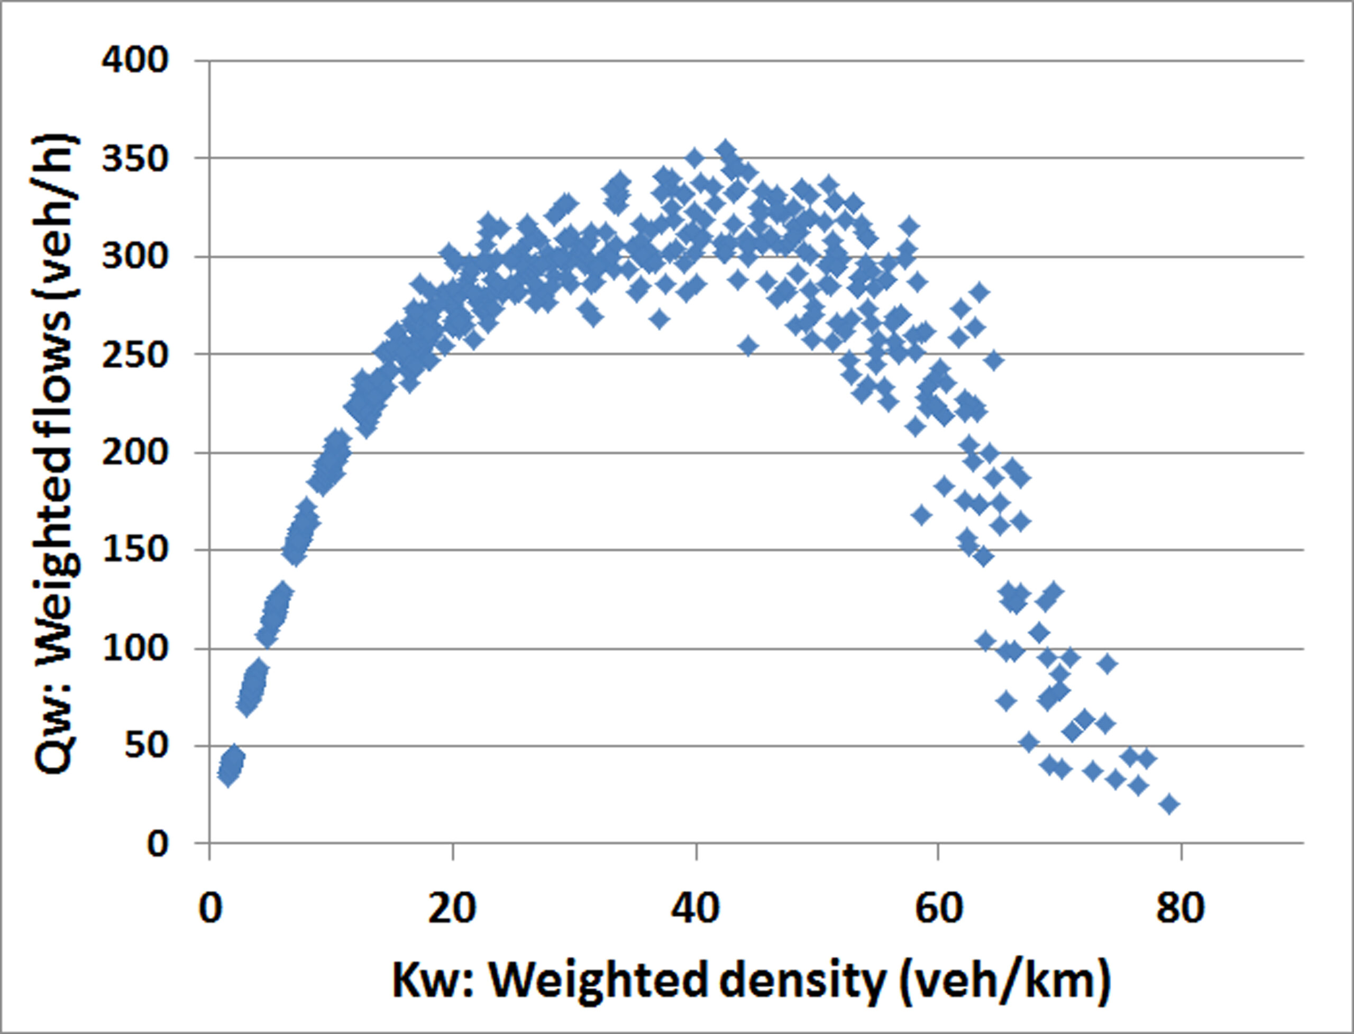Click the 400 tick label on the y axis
135,61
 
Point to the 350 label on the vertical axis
135,159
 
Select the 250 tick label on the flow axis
135,355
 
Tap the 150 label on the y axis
135,550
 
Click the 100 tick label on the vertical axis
135,649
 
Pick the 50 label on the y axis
146,746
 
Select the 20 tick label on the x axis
452,908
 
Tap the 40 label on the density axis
696,908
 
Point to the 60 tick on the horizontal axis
938,908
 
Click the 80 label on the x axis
1181,908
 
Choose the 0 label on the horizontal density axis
210,908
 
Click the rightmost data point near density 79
1169,804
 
